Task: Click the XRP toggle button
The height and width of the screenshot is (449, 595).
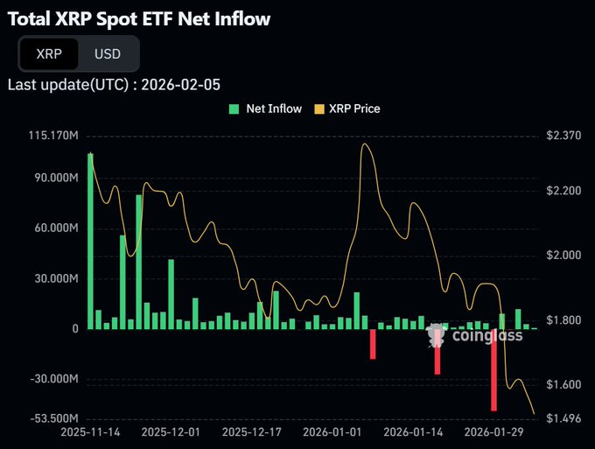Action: [48, 53]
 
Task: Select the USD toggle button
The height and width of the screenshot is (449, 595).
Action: [108, 53]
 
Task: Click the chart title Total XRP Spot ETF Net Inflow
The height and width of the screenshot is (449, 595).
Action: [138, 18]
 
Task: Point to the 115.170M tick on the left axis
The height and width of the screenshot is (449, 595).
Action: [53, 136]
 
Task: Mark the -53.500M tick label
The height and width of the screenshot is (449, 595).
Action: [54, 418]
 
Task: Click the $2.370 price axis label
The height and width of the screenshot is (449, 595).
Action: [563, 136]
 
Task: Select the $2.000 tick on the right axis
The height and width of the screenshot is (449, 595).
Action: [563, 256]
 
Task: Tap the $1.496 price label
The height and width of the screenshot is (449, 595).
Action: [563, 418]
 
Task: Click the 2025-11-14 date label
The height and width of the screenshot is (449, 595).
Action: [91, 432]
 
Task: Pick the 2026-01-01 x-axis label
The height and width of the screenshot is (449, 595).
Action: [332, 432]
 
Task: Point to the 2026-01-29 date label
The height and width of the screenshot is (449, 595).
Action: [493, 432]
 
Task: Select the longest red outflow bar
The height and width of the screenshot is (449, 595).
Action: [494, 369]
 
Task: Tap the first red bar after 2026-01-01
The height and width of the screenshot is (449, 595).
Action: [373, 343]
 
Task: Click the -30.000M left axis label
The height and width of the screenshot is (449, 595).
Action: [54, 380]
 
